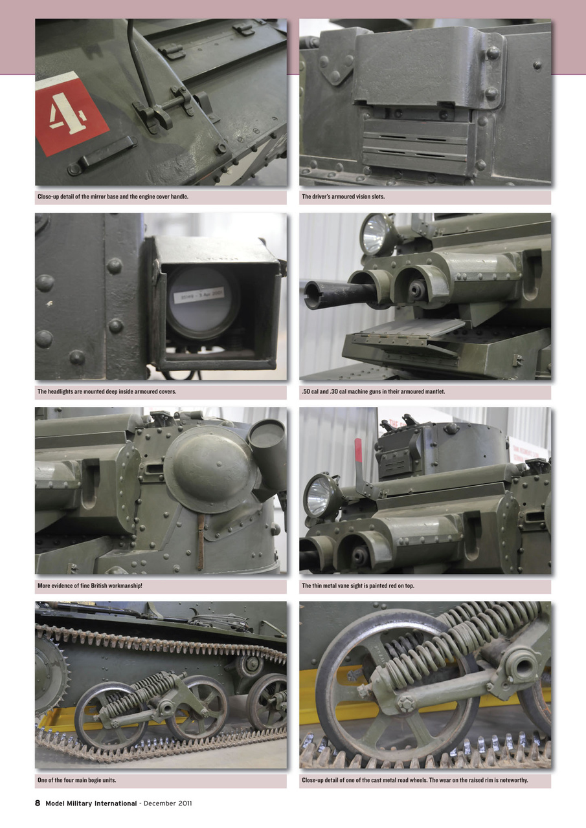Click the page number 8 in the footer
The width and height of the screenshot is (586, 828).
click(x=38, y=803)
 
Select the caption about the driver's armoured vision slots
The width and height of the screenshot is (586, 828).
click(x=343, y=197)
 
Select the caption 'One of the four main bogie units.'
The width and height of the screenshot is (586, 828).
click(x=77, y=780)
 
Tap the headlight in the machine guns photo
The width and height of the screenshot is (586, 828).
click(x=377, y=234)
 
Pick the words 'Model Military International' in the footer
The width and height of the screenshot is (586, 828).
click(x=91, y=803)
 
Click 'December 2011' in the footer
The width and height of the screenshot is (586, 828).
click(x=168, y=803)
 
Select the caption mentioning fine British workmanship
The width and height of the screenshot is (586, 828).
click(x=90, y=586)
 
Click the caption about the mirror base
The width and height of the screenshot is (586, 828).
click(x=113, y=197)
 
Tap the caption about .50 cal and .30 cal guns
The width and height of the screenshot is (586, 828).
click(x=374, y=391)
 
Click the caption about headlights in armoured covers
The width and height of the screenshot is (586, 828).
click(x=107, y=391)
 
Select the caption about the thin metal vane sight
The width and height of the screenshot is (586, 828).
click(x=358, y=586)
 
